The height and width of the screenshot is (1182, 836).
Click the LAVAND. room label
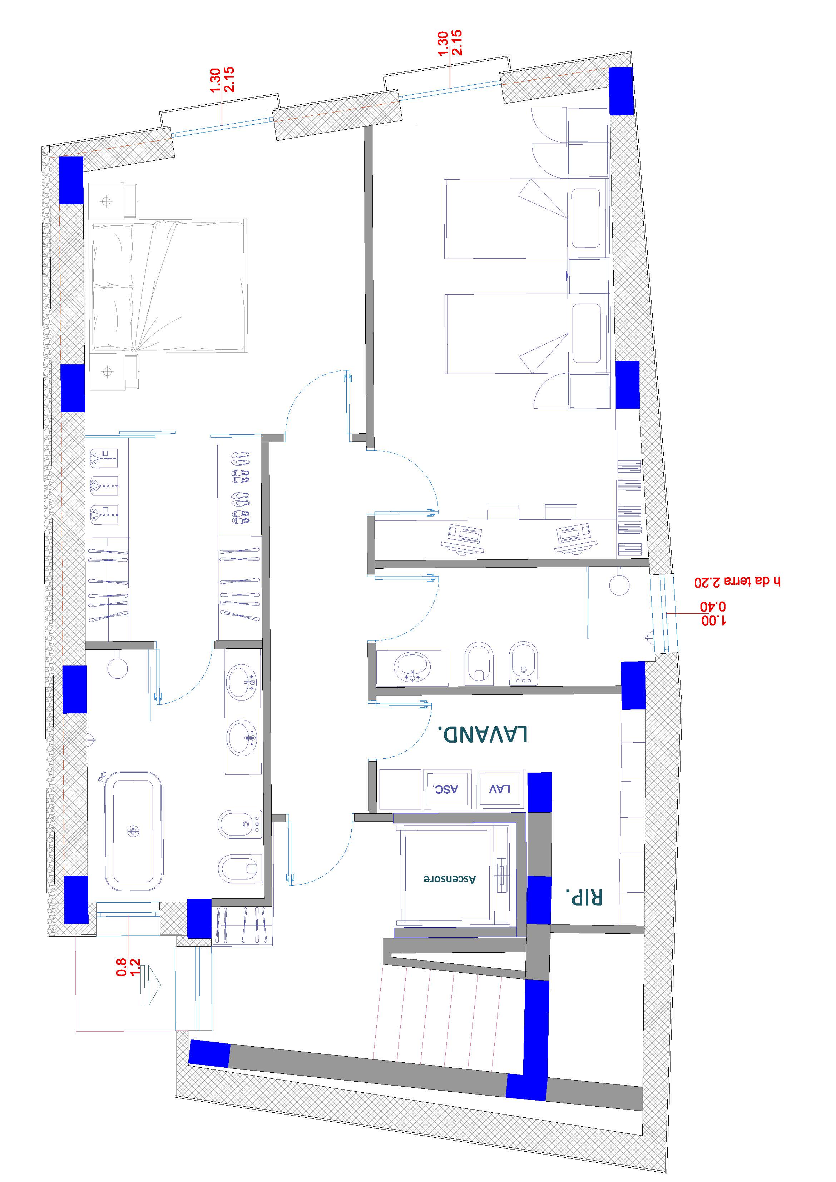(483, 734)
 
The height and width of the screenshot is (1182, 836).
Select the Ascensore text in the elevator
(450, 879)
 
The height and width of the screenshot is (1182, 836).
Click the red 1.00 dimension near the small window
(714, 621)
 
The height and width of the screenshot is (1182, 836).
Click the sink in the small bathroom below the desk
(411, 667)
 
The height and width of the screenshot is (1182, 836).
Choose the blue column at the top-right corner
(621, 91)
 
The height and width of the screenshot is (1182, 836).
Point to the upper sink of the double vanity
(242, 682)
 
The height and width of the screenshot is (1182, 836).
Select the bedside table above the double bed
(113, 201)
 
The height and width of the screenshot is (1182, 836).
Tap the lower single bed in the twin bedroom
(507, 334)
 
